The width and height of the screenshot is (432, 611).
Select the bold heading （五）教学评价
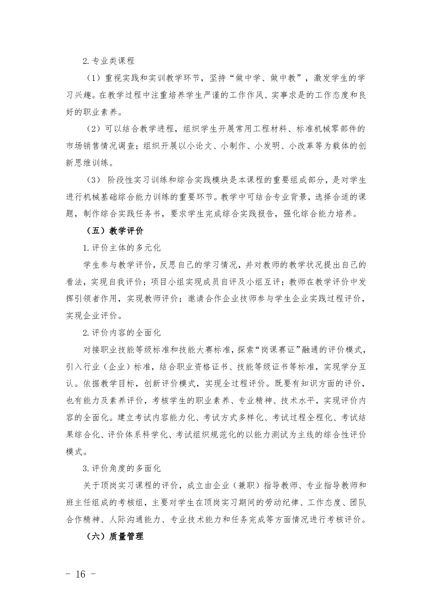[115, 231]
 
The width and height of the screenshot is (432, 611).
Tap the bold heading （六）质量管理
[115, 536]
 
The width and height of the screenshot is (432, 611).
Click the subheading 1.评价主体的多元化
[122, 248]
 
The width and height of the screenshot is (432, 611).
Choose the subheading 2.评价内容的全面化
[122, 333]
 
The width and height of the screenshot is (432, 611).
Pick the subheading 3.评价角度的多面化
[122, 468]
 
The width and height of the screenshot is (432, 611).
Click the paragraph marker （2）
[93, 129]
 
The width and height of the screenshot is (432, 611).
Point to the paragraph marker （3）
[93, 180]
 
